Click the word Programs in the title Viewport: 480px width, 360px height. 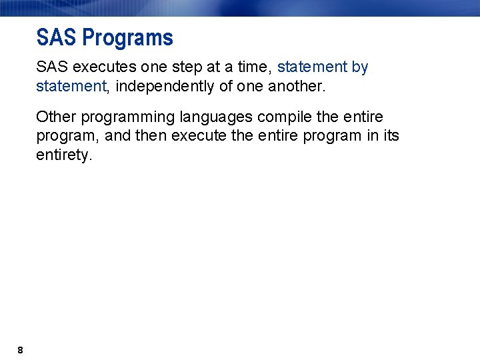click(x=127, y=38)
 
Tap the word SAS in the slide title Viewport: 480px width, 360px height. click(x=57, y=37)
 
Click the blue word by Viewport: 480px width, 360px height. click(x=360, y=67)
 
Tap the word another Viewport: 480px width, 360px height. click(x=295, y=86)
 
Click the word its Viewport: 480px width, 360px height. click(x=391, y=136)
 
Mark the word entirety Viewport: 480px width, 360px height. click(x=63, y=155)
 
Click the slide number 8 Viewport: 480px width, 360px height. click(x=21, y=350)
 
